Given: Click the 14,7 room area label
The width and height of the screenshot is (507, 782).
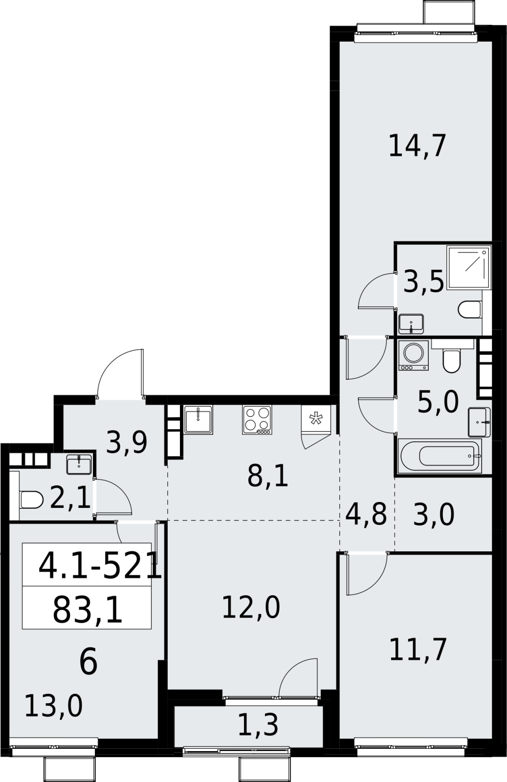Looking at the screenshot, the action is pyautogui.click(x=417, y=146).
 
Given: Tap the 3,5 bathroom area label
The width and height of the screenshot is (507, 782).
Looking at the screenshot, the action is pyautogui.click(x=423, y=282).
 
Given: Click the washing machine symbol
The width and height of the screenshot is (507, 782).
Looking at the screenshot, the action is pyautogui.click(x=414, y=355).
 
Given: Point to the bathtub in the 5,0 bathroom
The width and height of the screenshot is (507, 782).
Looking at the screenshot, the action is pyautogui.click(x=440, y=456).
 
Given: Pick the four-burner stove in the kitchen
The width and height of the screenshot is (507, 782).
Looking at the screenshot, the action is pyautogui.click(x=257, y=420).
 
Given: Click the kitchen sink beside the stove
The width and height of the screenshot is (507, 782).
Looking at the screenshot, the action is pyautogui.click(x=198, y=420).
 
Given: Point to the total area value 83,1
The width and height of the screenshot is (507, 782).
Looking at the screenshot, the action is pyautogui.click(x=88, y=610).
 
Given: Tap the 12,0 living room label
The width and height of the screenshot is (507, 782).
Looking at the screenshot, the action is pyautogui.click(x=251, y=608).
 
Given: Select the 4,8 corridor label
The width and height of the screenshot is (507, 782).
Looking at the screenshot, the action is pyautogui.click(x=366, y=514).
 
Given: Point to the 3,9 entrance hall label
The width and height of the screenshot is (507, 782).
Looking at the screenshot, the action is pyautogui.click(x=127, y=443).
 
